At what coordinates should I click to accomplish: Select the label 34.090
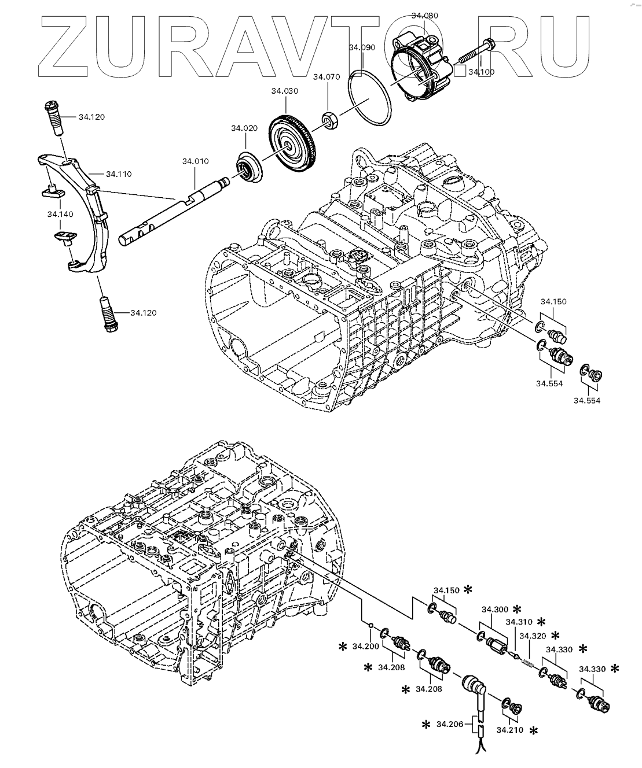tap(362, 47)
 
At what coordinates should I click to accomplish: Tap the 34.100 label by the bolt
tap(482, 72)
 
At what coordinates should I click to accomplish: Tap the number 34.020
tap(244, 128)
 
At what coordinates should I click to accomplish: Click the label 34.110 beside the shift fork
tap(119, 173)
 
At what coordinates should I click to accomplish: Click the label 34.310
tap(518, 622)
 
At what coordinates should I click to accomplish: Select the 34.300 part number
tap(494, 609)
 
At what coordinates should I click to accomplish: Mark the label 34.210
tap(509, 730)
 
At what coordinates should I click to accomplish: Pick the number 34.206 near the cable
tap(450, 723)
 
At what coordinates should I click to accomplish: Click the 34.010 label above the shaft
tap(195, 161)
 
